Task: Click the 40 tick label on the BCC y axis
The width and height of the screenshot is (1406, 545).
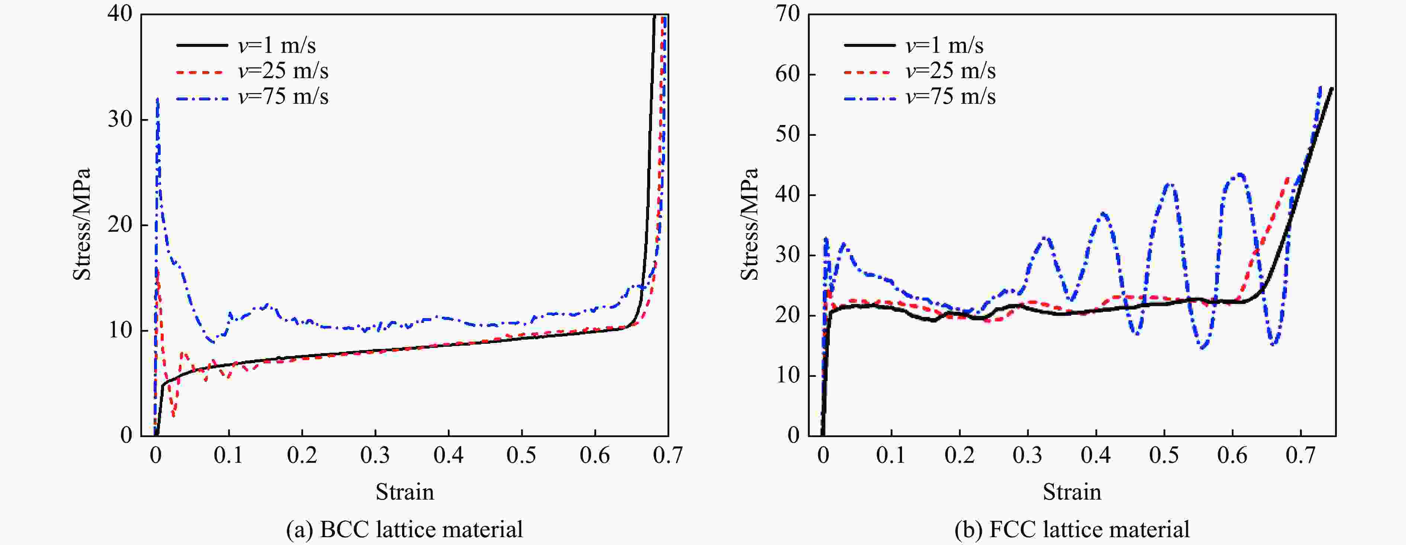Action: tap(119, 14)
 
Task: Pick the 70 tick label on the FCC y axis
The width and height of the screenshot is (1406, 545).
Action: tap(787, 14)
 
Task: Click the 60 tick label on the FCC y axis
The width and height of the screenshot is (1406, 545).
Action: tap(787, 74)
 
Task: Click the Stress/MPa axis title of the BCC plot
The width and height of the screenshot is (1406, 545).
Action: tap(82, 224)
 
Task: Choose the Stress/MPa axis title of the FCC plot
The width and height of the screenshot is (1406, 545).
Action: tap(749, 224)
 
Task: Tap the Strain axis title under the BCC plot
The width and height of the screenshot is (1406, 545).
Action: tap(404, 492)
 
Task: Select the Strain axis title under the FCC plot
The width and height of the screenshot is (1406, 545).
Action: tap(1072, 492)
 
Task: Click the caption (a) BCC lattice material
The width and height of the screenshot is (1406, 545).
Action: tap(404, 529)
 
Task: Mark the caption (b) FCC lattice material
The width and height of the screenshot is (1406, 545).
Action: tap(1072, 529)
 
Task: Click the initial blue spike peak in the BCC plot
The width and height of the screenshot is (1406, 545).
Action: tap(158, 99)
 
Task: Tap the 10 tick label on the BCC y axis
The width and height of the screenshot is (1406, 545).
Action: tap(119, 330)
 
